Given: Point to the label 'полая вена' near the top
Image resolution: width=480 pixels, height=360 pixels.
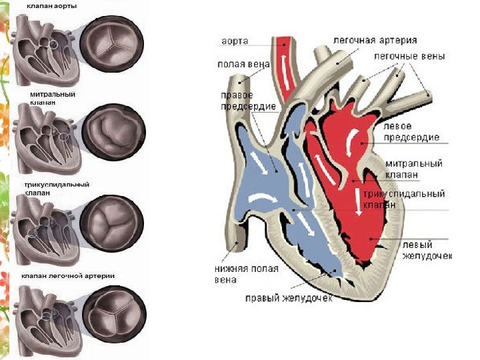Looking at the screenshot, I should [234, 65].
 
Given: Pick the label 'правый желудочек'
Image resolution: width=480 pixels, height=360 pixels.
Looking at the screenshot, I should [288, 297].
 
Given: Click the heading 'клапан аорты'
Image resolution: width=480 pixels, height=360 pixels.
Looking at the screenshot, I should [51, 6].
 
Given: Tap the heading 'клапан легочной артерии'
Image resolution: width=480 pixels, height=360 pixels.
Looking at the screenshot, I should [68, 276].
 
